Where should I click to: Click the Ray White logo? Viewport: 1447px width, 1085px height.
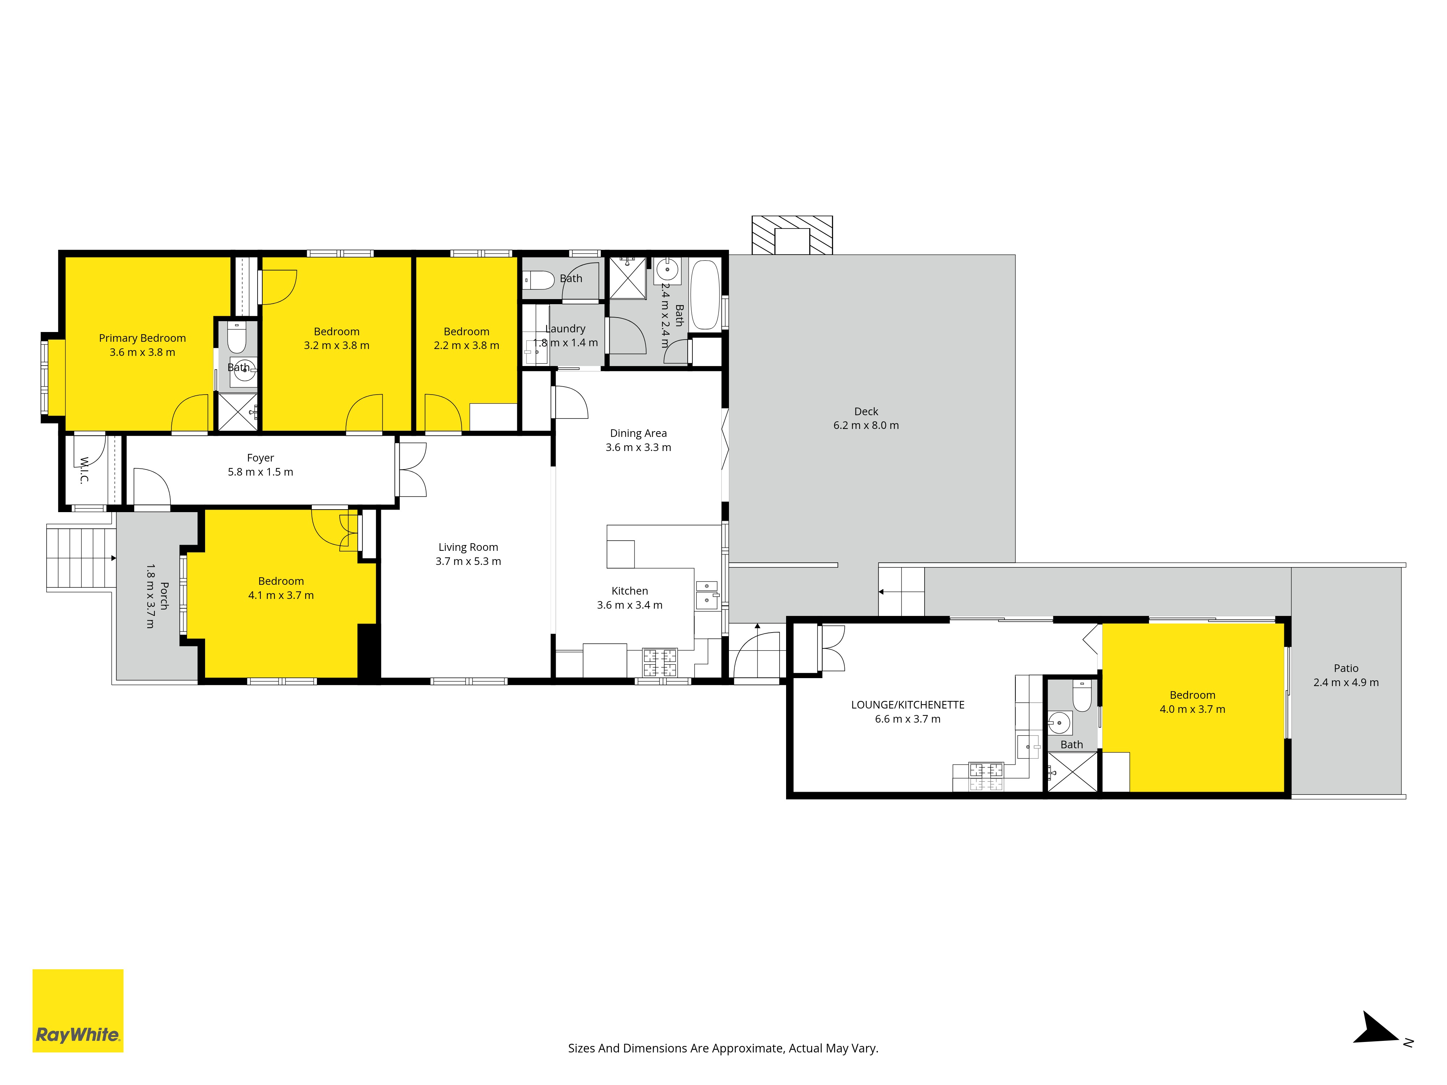(x=78, y=1010)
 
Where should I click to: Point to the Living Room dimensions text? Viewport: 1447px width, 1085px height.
(x=468, y=561)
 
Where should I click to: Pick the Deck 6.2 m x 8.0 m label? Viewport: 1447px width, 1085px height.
(x=866, y=418)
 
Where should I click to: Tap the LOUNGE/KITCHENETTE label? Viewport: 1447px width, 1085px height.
(x=908, y=705)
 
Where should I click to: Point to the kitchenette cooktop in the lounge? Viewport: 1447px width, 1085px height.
(x=986, y=776)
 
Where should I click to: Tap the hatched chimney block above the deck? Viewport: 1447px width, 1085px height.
(x=792, y=235)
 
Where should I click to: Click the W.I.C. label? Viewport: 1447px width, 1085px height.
(x=84, y=470)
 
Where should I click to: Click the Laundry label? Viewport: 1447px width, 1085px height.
(x=565, y=328)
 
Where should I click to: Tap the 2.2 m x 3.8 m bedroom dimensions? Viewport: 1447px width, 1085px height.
(x=466, y=345)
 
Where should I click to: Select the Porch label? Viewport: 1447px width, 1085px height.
(x=164, y=596)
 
